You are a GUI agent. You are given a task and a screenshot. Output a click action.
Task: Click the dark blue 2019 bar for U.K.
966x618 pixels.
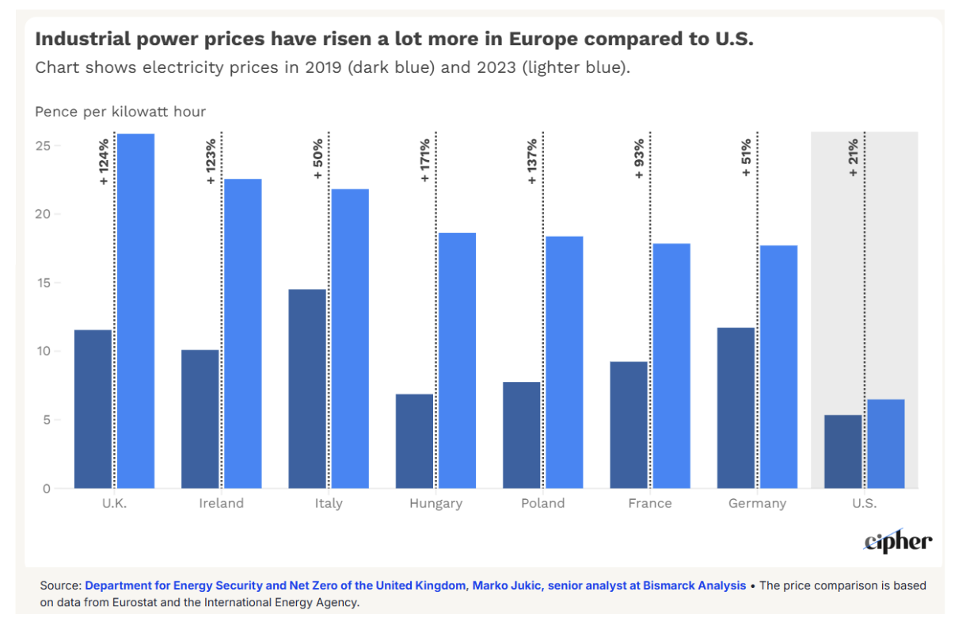93,409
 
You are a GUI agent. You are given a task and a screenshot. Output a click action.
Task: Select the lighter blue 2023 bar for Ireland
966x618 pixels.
242,334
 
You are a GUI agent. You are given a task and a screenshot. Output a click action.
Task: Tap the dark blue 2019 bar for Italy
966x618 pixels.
307,388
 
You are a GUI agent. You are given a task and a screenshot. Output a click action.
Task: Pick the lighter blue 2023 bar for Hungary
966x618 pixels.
457,360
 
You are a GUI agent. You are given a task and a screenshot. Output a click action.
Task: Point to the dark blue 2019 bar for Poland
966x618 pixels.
521,435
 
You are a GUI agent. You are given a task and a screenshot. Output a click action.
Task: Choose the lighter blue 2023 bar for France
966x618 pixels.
671,366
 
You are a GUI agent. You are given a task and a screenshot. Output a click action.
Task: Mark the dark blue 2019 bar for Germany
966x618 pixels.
736,408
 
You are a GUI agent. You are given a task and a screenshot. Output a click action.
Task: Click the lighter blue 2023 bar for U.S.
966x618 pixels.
885,444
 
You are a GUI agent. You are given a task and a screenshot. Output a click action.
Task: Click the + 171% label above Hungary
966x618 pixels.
425,161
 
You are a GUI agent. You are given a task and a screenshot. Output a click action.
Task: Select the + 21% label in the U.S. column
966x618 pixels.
854,158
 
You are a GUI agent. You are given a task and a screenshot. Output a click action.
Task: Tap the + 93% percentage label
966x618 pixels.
639,158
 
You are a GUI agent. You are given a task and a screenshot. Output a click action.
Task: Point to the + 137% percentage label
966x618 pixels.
532,161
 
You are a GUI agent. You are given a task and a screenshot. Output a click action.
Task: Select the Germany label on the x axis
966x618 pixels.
758,503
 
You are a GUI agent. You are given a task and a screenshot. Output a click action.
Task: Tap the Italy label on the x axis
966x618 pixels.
329,503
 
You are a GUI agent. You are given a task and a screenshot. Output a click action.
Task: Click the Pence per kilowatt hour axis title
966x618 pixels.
120,112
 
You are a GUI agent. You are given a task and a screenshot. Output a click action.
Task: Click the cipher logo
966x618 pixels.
898,541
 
